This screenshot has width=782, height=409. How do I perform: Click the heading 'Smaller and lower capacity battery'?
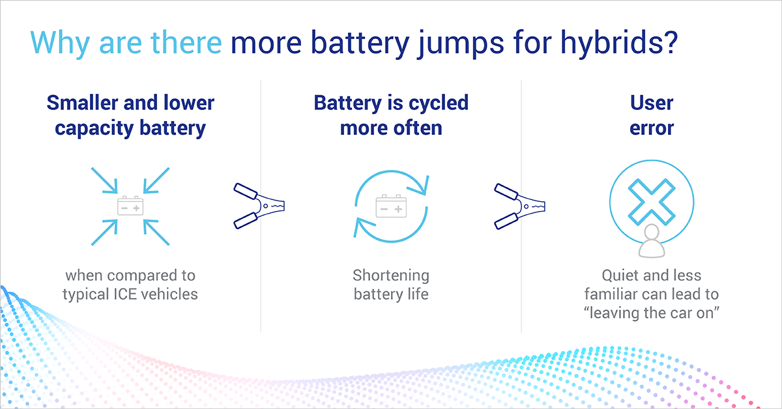[130, 115]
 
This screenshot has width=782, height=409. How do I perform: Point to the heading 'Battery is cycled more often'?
[391, 115]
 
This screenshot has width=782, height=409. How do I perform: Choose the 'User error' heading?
[652, 115]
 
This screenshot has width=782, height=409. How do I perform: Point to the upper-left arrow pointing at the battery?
[104, 180]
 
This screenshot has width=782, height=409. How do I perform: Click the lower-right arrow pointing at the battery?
[156, 233]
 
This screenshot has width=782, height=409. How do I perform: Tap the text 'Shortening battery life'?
[391, 284]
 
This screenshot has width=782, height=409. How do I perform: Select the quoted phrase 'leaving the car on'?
[652, 312]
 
